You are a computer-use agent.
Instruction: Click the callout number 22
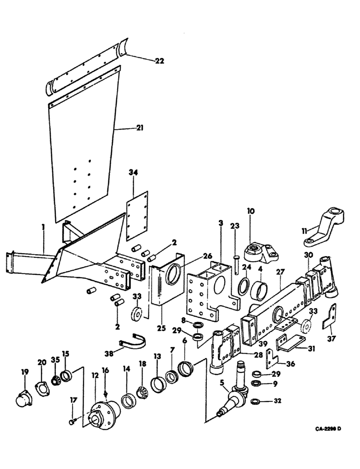(x=160, y=60)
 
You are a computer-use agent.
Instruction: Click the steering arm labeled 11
(x=325, y=227)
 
